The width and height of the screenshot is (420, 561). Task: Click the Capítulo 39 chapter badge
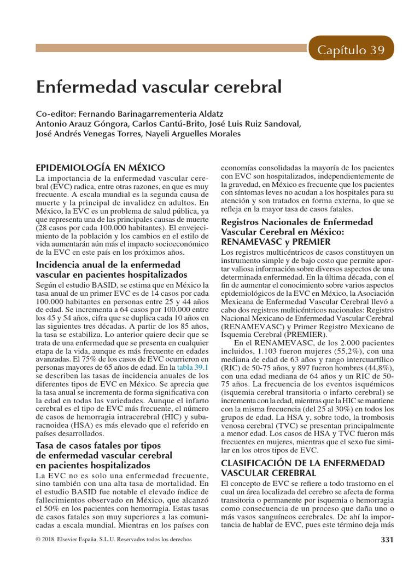click(x=352, y=50)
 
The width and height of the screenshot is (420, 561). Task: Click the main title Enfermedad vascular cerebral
click(x=159, y=87)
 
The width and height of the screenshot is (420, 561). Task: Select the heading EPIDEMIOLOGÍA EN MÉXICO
click(x=100, y=167)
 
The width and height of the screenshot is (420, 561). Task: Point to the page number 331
click(x=387, y=540)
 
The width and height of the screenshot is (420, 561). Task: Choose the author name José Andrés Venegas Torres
click(x=87, y=134)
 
